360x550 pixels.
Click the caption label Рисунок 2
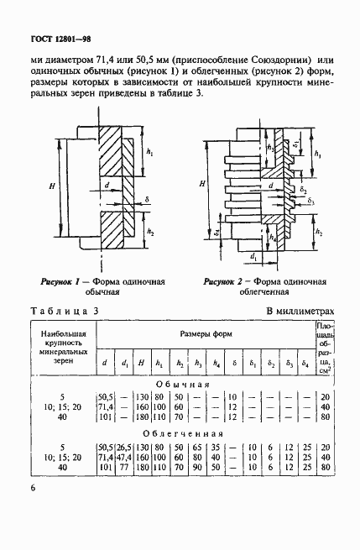[x=222, y=282]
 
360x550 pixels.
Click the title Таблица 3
[x=65, y=311]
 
